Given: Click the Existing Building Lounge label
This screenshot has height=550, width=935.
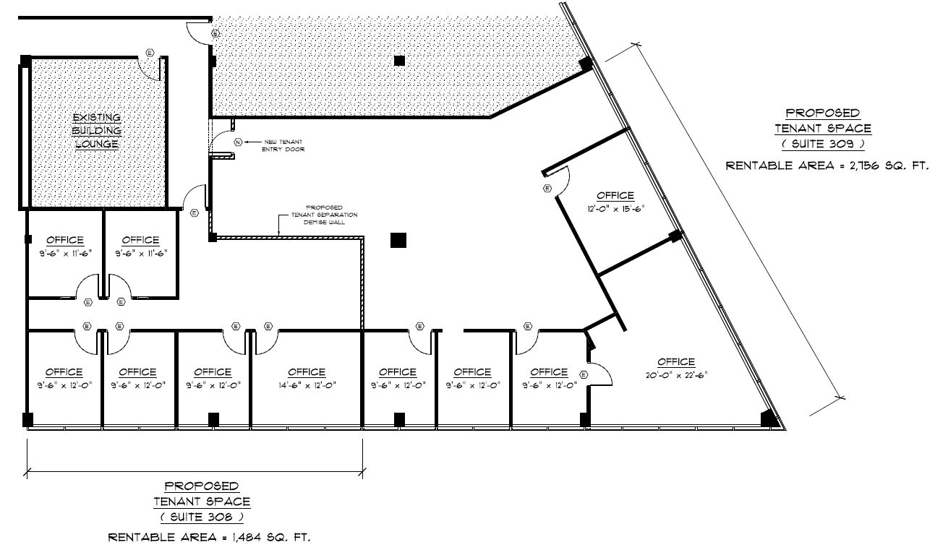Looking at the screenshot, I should coord(95,131).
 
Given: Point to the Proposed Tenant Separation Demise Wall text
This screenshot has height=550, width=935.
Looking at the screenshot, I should coord(323,215).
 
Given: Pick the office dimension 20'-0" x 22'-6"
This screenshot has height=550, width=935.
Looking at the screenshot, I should coord(675,374).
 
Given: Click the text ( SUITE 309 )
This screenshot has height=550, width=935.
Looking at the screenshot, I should coord(822,144).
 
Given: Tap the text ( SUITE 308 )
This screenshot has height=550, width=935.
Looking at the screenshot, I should coord(202,517).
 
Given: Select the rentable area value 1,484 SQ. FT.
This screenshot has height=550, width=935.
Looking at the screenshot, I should coord(266,538).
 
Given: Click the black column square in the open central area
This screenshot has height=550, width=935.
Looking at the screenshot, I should coord(398,240).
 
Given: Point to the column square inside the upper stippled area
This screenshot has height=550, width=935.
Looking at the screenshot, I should coord(398,61).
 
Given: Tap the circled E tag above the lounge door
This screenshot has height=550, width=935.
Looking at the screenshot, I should coord(150,52).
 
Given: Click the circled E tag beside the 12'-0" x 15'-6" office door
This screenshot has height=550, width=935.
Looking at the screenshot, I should coord(547,189).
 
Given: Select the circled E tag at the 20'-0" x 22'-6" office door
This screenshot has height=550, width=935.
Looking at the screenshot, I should coord(583,374).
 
